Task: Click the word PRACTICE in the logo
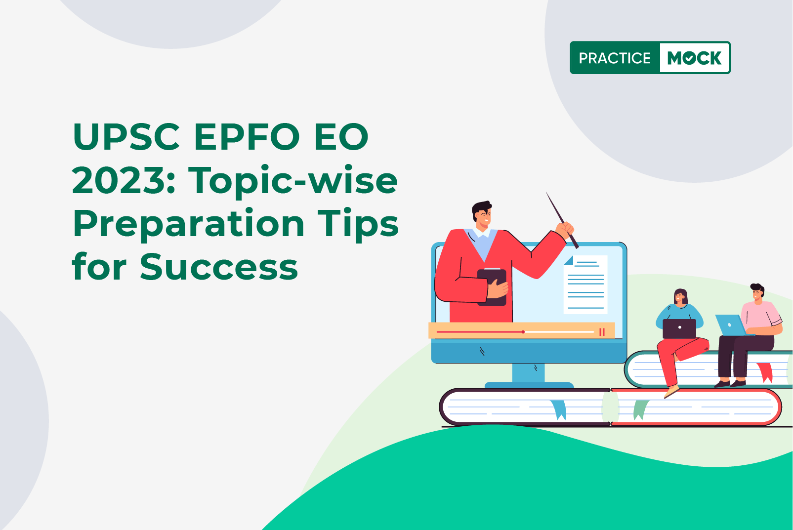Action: (x=615, y=58)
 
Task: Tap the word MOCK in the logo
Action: (x=694, y=58)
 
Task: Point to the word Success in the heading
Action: (x=219, y=266)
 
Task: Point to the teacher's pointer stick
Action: (x=562, y=220)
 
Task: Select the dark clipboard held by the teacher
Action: (x=492, y=286)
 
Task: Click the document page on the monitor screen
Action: (x=585, y=285)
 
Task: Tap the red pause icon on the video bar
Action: (x=602, y=332)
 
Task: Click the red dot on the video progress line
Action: (x=523, y=332)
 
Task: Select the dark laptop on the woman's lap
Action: (x=679, y=328)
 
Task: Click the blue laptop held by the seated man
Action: (x=731, y=325)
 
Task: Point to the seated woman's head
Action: (x=680, y=296)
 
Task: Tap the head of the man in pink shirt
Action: (x=757, y=292)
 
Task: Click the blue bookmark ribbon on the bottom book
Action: (x=559, y=409)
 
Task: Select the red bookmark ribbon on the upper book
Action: (x=765, y=372)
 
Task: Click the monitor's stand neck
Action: (x=528, y=373)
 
